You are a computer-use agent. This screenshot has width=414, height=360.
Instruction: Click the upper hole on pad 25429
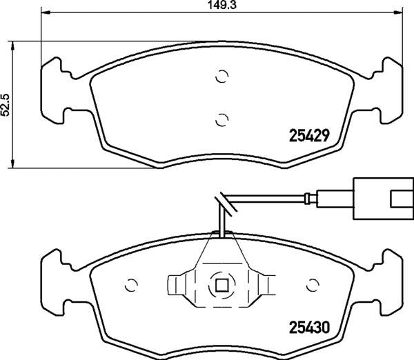[221, 77]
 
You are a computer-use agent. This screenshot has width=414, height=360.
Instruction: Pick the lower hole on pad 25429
[221, 119]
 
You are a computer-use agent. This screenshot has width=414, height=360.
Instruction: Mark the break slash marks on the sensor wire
[221, 202]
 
